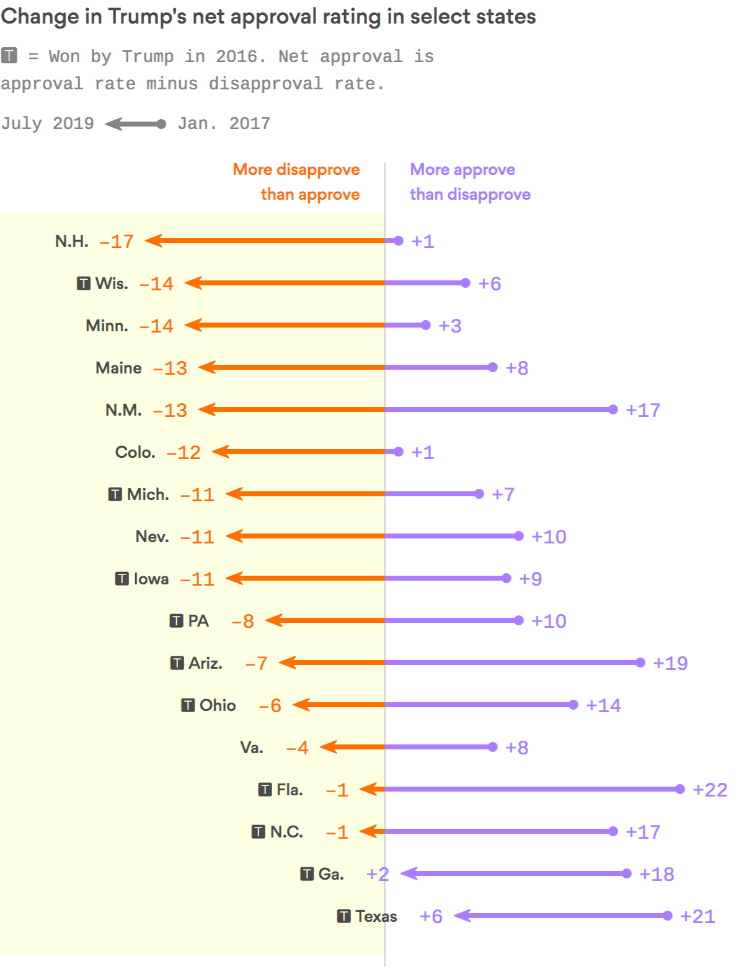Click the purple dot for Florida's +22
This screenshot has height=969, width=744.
(680, 789)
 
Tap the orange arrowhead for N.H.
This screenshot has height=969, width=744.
(153, 241)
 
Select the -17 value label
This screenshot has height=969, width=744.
(117, 241)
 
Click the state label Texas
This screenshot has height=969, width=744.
(376, 916)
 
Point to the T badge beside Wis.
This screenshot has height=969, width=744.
(84, 284)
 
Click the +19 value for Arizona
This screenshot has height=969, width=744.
(670, 663)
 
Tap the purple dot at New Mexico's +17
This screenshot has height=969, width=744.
(613, 409)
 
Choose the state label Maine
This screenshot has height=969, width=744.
(118, 368)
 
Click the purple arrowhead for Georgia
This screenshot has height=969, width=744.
(409, 873)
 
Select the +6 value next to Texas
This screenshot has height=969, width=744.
(431, 916)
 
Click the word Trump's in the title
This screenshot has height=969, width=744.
(148, 17)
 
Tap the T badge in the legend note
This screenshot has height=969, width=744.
(9, 56)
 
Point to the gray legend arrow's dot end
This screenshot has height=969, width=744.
(162, 124)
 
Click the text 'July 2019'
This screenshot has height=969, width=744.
(47, 123)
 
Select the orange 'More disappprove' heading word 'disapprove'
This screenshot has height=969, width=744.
(318, 169)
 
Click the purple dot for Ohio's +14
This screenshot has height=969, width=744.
(573, 705)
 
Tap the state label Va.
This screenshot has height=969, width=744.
(252, 748)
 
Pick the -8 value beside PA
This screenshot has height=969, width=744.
(243, 621)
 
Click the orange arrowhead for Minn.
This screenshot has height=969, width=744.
(193, 325)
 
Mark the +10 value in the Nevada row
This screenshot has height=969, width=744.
(549, 537)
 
